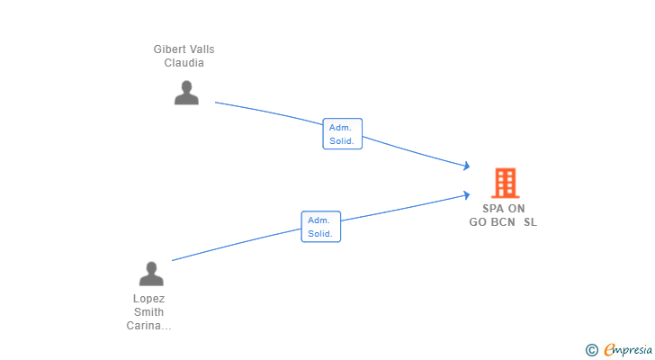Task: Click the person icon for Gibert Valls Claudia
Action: pyautogui.click(x=186, y=93)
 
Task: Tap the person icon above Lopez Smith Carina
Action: pyautogui.click(x=151, y=274)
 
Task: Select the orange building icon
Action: pyautogui.click(x=506, y=183)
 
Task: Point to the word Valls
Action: pyautogui.click(x=201, y=49)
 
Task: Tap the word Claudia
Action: pyautogui.click(x=184, y=63)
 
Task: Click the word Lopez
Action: pyautogui.click(x=148, y=299)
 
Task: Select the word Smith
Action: pyautogui.click(x=148, y=312)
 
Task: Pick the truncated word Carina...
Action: pyautogui.click(x=148, y=326)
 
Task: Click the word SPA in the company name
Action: pyautogui.click(x=493, y=209)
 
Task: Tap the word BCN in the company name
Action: pyautogui.click(x=503, y=222)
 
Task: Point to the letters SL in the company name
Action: pyautogui.click(x=530, y=222)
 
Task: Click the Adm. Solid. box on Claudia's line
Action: pyautogui.click(x=342, y=133)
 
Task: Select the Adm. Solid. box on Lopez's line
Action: pyautogui.click(x=321, y=227)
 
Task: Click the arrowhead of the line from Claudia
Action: pyautogui.click(x=467, y=166)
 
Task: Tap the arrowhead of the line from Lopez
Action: pyautogui.click(x=467, y=194)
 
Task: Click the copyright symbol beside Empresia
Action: pyautogui.click(x=591, y=350)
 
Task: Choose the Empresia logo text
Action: pyautogui.click(x=628, y=349)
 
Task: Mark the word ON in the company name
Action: pyautogui.click(x=516, y=209)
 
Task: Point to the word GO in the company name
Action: pyautogui.click(x=478, y=222)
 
